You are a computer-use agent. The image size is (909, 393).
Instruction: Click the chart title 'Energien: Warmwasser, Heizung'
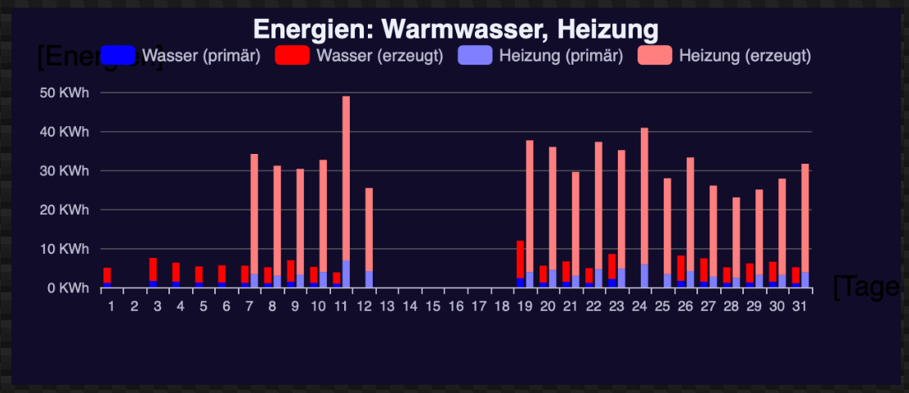(x=455, y=30)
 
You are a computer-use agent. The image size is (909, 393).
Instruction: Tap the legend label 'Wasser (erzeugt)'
(x=379, y=56)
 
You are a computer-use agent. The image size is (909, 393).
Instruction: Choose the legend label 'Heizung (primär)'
(x=561, y=56)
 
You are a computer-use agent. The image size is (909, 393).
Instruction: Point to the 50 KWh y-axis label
(x=65, y=93)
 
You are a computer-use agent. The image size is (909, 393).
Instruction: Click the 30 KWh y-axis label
(x=65, y=170)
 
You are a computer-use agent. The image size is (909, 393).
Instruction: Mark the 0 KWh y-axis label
(x=68, y=287)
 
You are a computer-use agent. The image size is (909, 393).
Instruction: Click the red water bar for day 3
(x=153, y=269)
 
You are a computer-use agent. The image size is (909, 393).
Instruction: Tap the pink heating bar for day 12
(x=369, y=229)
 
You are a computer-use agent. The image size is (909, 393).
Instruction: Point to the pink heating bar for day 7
(x=254, y=213)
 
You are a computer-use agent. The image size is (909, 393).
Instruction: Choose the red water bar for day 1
(x=107, y=275)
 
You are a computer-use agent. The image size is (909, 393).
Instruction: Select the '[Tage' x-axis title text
(x=866, y=287)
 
